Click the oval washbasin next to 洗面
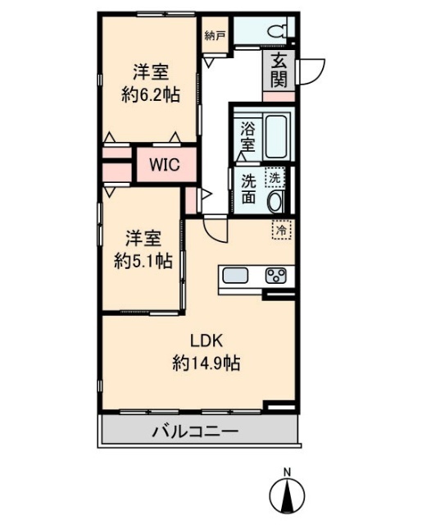point(276,201)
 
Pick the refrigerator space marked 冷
point(281,231)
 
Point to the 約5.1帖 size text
point(142,262)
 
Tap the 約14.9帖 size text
point(206,362)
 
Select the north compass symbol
point(287,496)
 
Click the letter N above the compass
point(287,472)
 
